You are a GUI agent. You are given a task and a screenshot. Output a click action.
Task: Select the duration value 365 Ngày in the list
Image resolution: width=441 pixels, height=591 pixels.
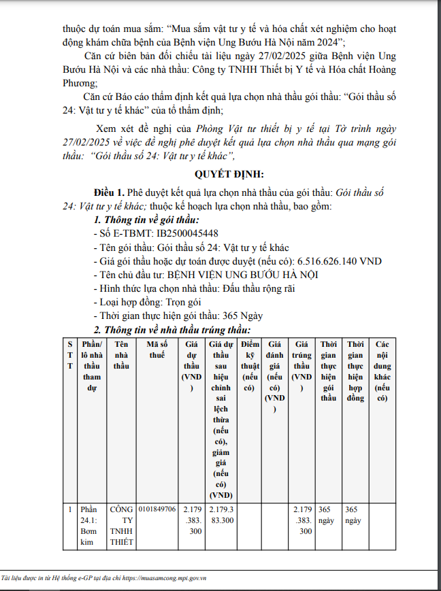[243, 316]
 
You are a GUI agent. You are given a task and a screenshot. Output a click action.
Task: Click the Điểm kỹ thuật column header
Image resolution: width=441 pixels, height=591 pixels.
[250, 366]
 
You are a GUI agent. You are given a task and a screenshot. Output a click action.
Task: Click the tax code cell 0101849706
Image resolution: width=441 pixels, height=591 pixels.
[157, 509]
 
